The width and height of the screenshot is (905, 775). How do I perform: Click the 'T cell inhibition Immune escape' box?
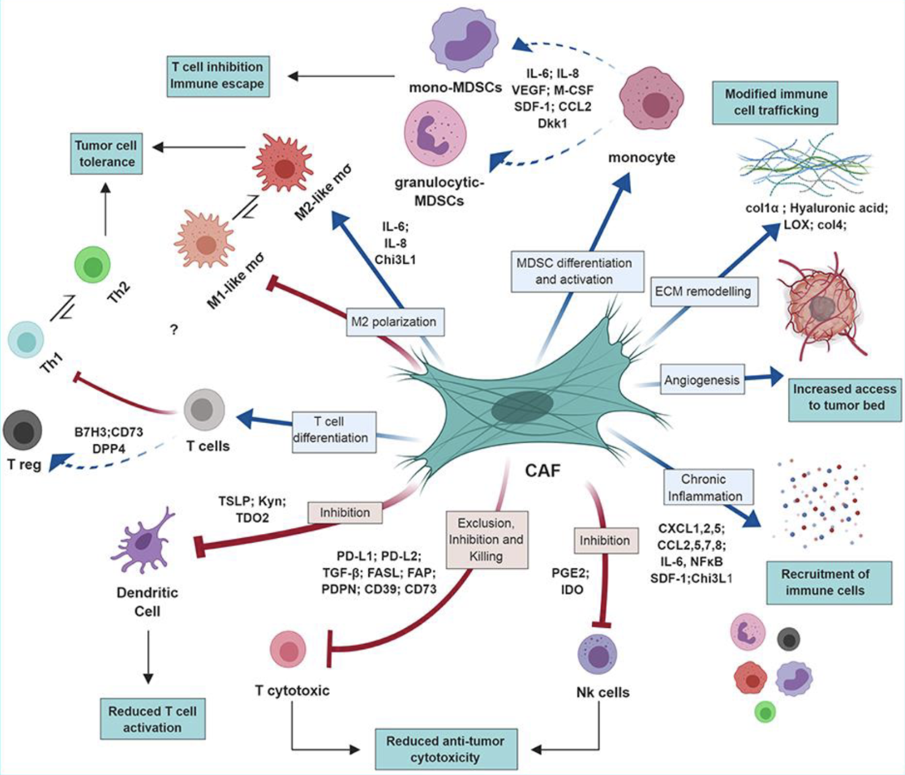coord(217,75)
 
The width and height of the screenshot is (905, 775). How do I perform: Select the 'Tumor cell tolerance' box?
coord(105,153)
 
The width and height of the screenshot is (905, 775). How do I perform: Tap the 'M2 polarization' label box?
coord(394,321)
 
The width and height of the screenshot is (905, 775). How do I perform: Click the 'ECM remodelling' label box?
coord(703,291)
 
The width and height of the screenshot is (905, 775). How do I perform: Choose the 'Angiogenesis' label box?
coord(701,380)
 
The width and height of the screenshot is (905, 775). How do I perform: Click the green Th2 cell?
coord(93,266)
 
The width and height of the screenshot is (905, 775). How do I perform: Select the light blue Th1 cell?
coord(26,339)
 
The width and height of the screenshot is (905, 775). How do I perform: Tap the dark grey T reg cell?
coord(23,430)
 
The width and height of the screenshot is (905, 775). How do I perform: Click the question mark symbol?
coord(175,330)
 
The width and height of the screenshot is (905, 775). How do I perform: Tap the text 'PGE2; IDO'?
coord(570,581)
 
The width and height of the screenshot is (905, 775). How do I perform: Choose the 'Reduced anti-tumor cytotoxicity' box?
coord(446,749)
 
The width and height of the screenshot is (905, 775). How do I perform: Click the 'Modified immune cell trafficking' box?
coord(776,102)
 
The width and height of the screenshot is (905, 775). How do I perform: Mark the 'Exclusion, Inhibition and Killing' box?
coord(486,540)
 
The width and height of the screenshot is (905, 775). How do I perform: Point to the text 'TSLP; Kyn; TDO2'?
coord(252,509)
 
